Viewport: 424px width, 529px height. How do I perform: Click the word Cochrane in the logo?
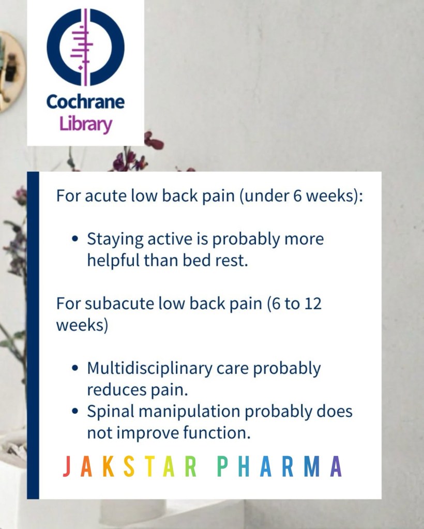(x=85, y=101)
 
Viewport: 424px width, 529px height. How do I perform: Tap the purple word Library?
(x=85, y=124)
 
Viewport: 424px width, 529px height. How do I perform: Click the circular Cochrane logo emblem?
(x=85, y=47)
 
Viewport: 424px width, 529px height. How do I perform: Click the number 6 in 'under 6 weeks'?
(x=297, y=195)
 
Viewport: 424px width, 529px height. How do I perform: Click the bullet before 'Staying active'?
(x=75, y=239)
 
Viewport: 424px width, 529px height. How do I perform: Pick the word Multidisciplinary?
(x=149, y=369)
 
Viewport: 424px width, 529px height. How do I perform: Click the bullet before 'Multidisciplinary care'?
(x=75, y=368)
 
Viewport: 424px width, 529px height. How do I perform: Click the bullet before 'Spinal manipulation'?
(x=75, y=411)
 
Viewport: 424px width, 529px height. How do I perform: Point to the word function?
(x=217, y=432)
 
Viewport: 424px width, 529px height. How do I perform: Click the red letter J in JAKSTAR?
(x=67, y=466)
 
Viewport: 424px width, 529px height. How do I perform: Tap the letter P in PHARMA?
(x=221, y=466)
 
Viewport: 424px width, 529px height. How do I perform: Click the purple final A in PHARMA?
(x=336, y=466)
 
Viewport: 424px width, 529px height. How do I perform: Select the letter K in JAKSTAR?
(x=108, y=466)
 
